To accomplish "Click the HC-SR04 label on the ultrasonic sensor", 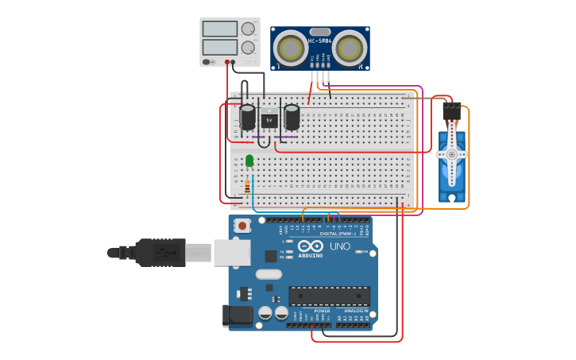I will coord(319,41).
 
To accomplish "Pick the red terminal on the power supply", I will coord(227,62).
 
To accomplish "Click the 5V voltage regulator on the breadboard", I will coord(269,120).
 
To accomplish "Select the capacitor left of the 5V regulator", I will coord(248,118).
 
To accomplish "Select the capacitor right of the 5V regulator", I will coord(292,118).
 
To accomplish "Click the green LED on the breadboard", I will coord(249,161).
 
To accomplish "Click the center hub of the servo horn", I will coord(452,153).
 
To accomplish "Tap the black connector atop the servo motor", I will coord(452,110).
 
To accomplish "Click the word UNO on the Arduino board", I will coord(340,246).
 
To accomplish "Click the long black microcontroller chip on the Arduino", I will coord(329,296).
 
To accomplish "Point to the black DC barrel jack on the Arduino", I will coord(238,315).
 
